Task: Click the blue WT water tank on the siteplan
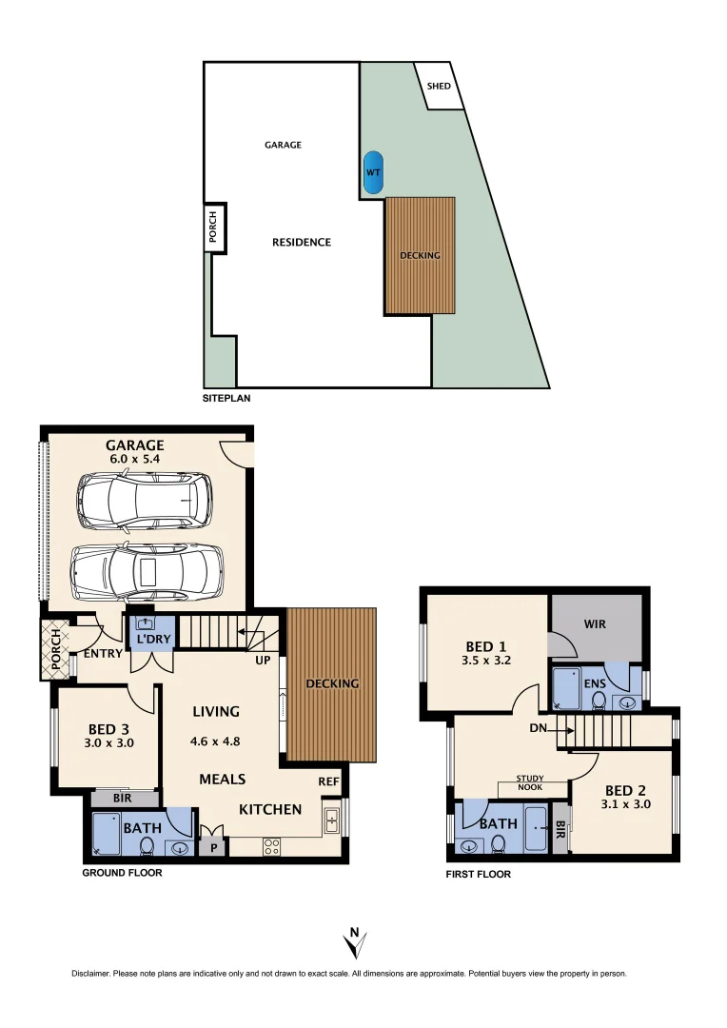(x=372, y=172)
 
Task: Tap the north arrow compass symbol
(x=354, y=943)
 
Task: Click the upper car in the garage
(x=145, y=501)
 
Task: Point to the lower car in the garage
(x=147, y=571)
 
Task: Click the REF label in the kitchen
(x=329, y=781)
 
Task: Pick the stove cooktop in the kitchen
(x=269, y=844)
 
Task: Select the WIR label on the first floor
(x=595, y=624)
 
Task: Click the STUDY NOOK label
(x=530, y=782)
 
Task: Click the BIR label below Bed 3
(x=123, y=798)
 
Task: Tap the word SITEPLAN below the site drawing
(x=226, y=398)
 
